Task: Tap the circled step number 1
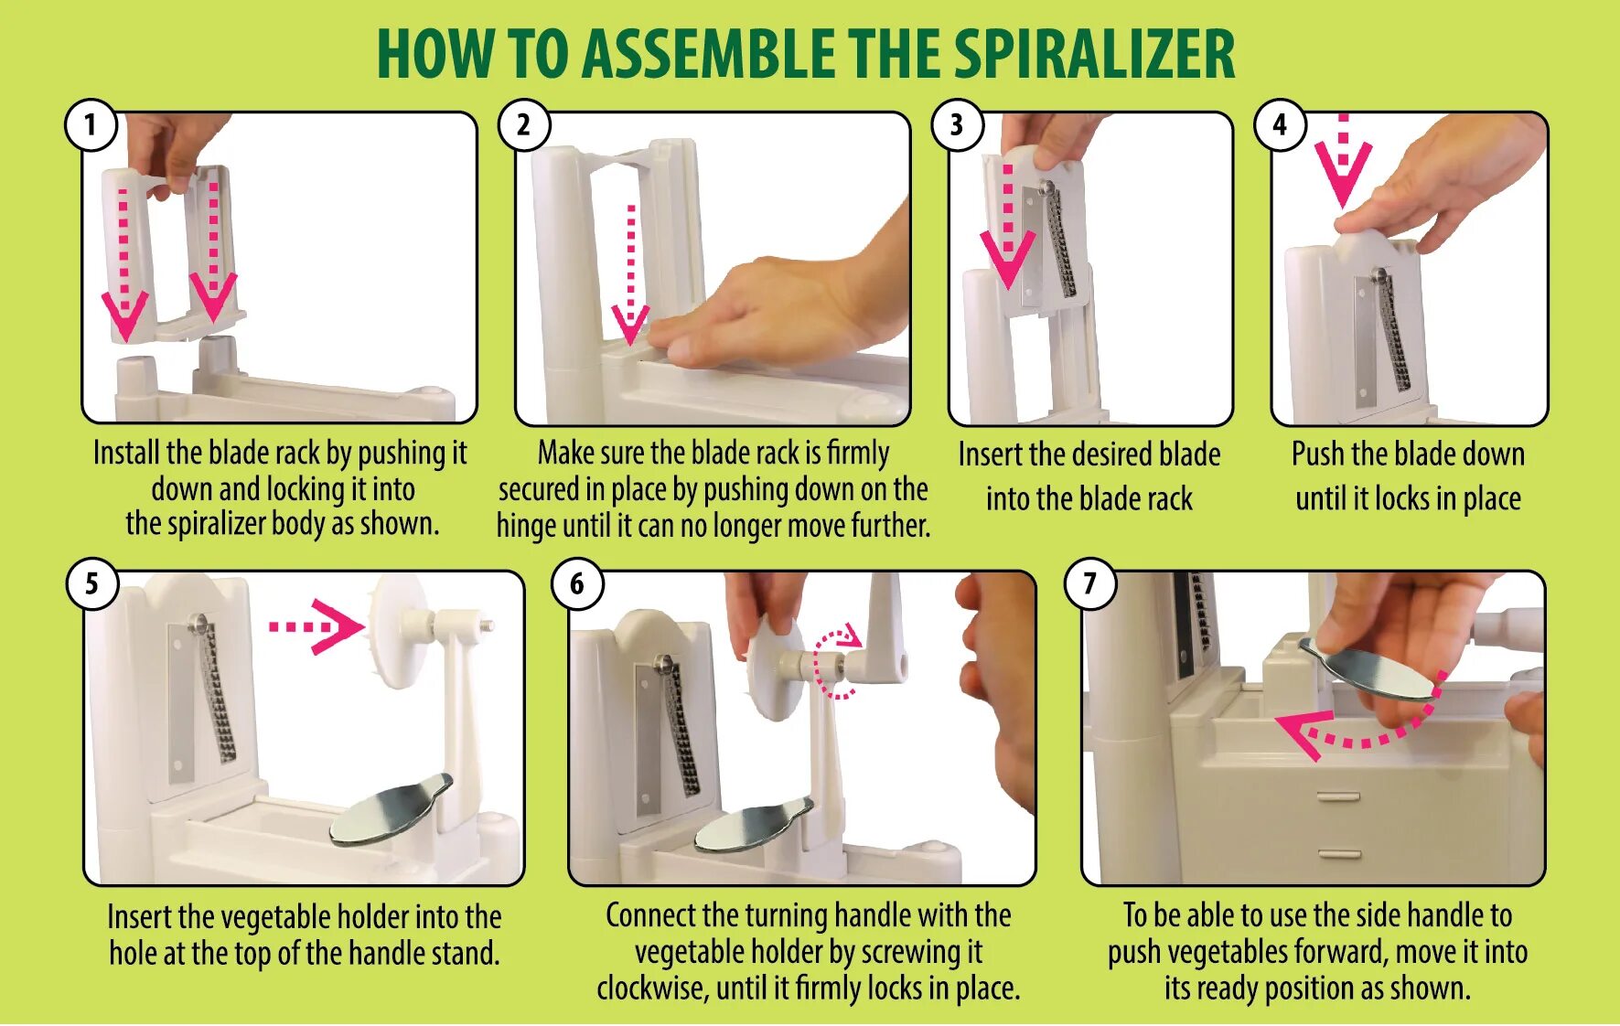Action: point(91,124)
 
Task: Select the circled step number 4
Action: point(1280,124)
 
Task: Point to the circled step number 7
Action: point(1089,583)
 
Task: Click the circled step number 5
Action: point(91,583)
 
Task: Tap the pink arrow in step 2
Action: point(630,274)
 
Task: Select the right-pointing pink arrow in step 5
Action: point(317,626)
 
